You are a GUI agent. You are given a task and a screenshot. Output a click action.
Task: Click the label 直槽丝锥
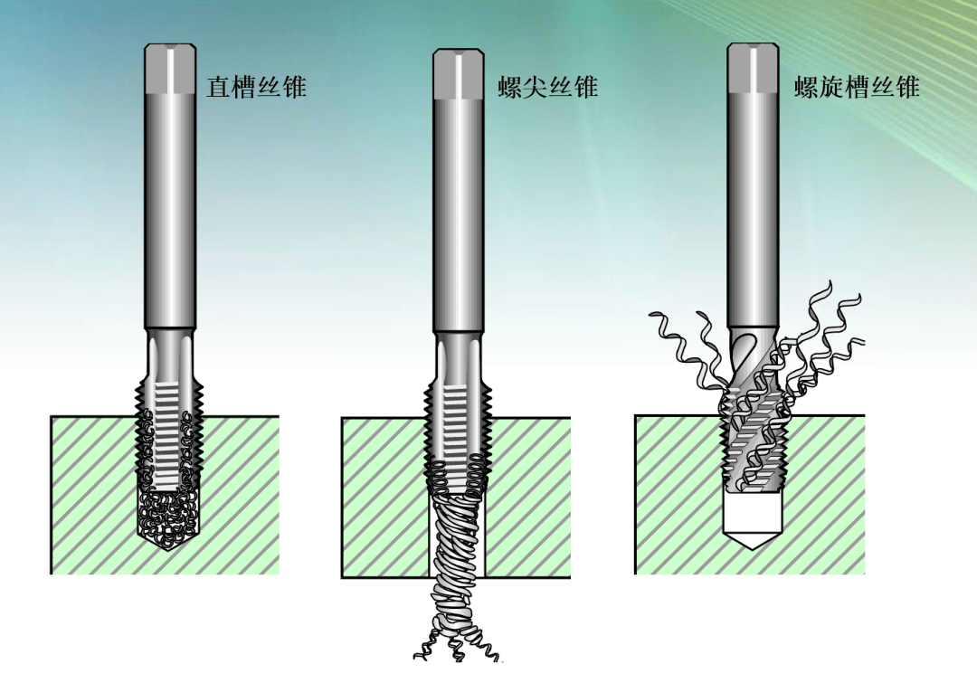click(256, 87)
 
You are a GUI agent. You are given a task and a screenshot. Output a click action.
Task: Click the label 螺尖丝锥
click(547, 87)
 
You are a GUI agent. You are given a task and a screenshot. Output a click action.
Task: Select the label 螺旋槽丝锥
click(857, 87)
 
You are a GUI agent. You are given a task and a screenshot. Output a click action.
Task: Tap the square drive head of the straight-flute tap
click(170, 69)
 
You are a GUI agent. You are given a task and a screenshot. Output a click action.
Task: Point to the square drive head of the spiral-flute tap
click(754, 69)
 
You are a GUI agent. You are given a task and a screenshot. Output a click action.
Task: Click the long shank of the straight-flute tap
click(170, 212)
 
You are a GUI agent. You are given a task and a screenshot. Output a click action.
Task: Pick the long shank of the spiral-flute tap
click(754, 211)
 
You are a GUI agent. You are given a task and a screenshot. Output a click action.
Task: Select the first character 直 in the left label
click(218, 87)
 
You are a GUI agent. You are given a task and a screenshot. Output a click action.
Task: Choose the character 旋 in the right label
click(832, 87)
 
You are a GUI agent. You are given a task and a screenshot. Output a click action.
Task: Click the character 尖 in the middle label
click(535, 87)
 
